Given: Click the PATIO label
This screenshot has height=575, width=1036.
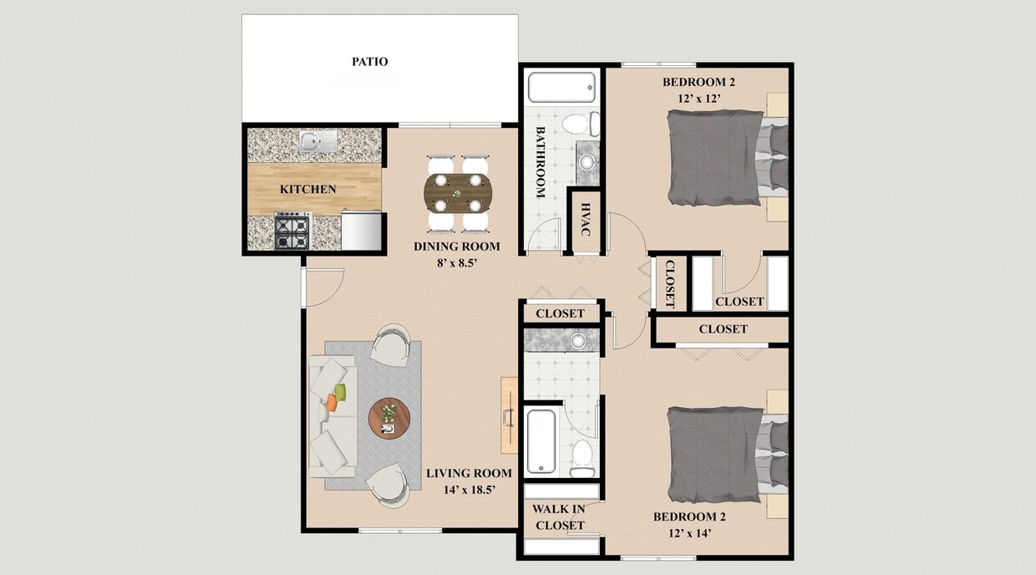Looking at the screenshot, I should click(x=369, y=62).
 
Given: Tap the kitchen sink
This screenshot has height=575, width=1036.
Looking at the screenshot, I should click(x=318, y=140).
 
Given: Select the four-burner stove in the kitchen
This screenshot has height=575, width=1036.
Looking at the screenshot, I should click(x=293, y=231).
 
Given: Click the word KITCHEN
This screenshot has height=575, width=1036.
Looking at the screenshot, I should click(x=307, y=190).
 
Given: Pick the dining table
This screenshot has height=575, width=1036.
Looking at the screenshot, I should click(x=458, y=193).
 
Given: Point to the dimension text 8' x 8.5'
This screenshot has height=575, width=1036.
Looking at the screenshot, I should click(x=457, y=262).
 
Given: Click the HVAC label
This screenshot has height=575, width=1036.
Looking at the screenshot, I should click(x=586, y=220).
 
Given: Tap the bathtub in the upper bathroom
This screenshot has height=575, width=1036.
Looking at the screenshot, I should click(x=562, y=88).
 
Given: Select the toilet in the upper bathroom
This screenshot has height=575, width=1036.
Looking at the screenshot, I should click(x=579, y=125).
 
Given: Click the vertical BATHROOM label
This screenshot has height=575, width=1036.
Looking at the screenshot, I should click(x=540, y=162).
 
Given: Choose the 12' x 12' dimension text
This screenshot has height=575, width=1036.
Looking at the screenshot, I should click(x=699, y=97).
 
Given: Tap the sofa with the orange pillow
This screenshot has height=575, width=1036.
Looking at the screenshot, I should click(x=333, y=416).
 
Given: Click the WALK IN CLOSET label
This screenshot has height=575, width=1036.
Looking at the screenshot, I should click(x=559, y=516).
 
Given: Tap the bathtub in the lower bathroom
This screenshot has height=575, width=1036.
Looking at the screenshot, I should click(x=541, y=440).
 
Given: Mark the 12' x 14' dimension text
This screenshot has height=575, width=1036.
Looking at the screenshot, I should click(x=689, y=532).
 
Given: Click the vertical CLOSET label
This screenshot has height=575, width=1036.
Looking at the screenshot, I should click(x=669, y=283).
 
